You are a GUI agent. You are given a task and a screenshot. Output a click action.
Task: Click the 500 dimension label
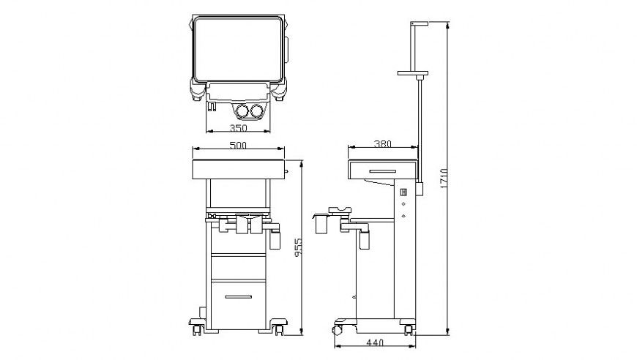[x=237, y=146]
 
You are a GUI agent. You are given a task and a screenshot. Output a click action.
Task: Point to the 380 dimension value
[x=382, y=144]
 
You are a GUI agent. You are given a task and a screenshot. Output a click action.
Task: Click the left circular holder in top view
[x=242, y=111]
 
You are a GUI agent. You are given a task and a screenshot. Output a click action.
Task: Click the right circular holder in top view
[x=256, y=111]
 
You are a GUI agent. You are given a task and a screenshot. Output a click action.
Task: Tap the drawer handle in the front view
[x=238, y=296]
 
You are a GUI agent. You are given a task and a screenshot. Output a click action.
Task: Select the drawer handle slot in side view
[x=383, y=172]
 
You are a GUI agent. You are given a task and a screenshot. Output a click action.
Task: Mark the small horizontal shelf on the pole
[x=412, y=73]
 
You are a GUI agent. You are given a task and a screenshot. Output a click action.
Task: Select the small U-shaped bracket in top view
[x=212, y=107]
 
